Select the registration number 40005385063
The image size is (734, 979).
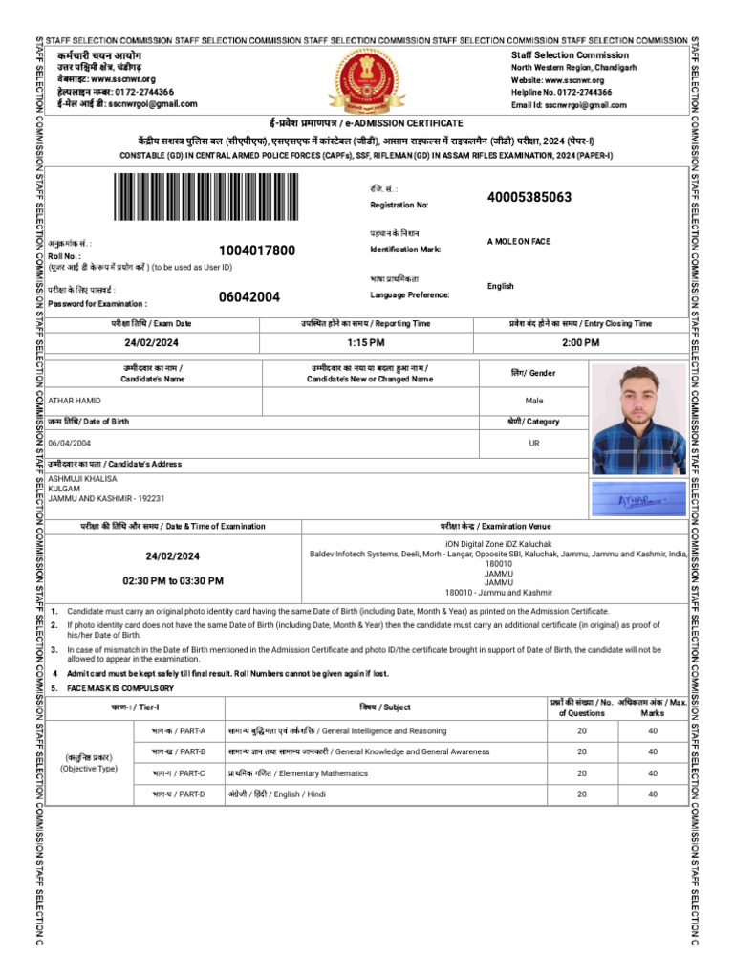pos(529,198)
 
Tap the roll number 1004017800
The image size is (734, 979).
pos(257,250)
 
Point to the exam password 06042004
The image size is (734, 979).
pos(249,296)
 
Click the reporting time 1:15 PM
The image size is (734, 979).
pos(366,342)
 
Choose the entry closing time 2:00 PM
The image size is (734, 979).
pos(580,342)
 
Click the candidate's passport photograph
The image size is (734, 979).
pos(637,419)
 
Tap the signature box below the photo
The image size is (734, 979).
pos(637,498)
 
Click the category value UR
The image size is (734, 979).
pos(534,443)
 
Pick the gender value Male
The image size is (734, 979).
pos(534,401)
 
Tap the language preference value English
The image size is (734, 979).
pos(500,286)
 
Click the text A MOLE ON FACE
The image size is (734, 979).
pos(519,242)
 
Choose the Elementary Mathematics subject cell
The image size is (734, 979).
pos(297,772)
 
